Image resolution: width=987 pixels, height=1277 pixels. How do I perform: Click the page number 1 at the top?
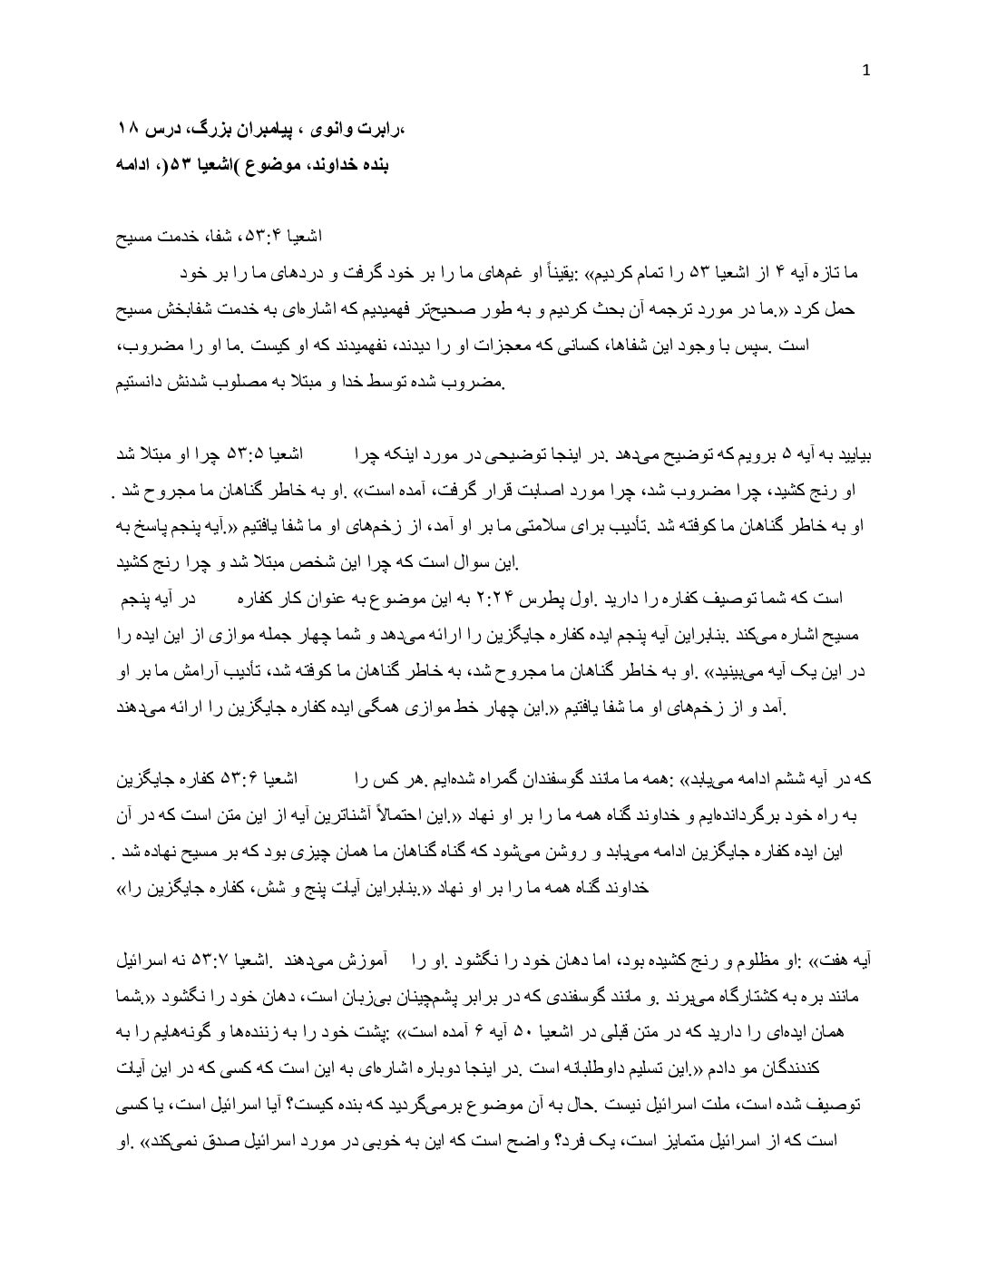pyautogui.click(x=866, y=73)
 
